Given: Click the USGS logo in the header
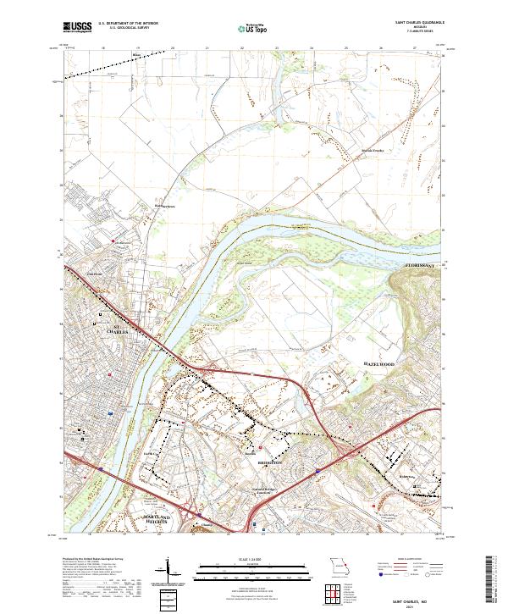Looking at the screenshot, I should [77, 28].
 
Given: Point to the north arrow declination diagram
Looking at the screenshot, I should [169, 569].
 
